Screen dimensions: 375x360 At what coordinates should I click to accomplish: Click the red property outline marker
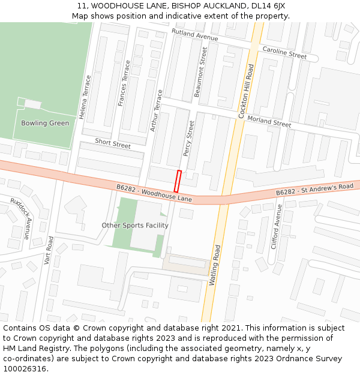178,181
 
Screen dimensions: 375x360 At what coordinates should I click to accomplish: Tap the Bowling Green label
45,123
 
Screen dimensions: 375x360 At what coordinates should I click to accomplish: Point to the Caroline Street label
284,53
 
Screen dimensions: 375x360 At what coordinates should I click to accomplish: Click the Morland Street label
269,122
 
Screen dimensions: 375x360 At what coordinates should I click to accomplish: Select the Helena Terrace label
89,95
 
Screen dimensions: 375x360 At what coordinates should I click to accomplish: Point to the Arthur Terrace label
156,111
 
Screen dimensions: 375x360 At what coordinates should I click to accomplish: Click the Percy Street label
188,139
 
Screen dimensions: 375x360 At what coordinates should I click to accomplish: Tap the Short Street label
113,143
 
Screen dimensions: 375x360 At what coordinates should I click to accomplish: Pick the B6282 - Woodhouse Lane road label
154,193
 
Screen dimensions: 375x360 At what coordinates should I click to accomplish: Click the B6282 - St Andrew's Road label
314,189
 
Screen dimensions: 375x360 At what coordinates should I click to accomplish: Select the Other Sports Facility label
135,226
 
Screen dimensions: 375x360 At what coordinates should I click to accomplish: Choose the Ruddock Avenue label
22,219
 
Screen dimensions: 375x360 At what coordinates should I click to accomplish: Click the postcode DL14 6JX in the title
263,5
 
